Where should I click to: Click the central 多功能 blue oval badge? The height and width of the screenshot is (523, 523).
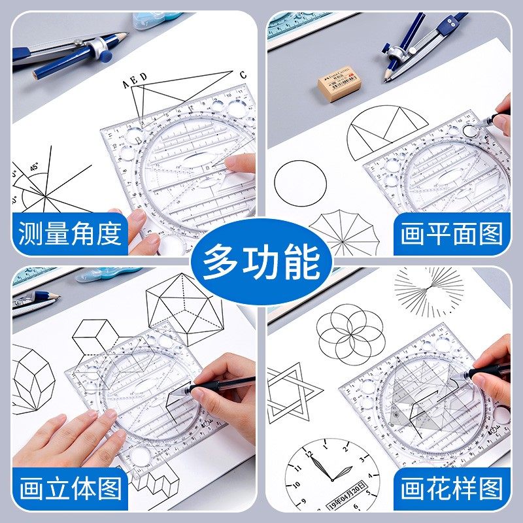click(261, 261)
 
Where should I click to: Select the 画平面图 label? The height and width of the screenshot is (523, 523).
click(451, 233)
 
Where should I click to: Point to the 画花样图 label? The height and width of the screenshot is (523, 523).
click(451, 488)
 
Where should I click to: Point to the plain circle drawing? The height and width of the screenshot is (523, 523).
click(300, 184)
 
